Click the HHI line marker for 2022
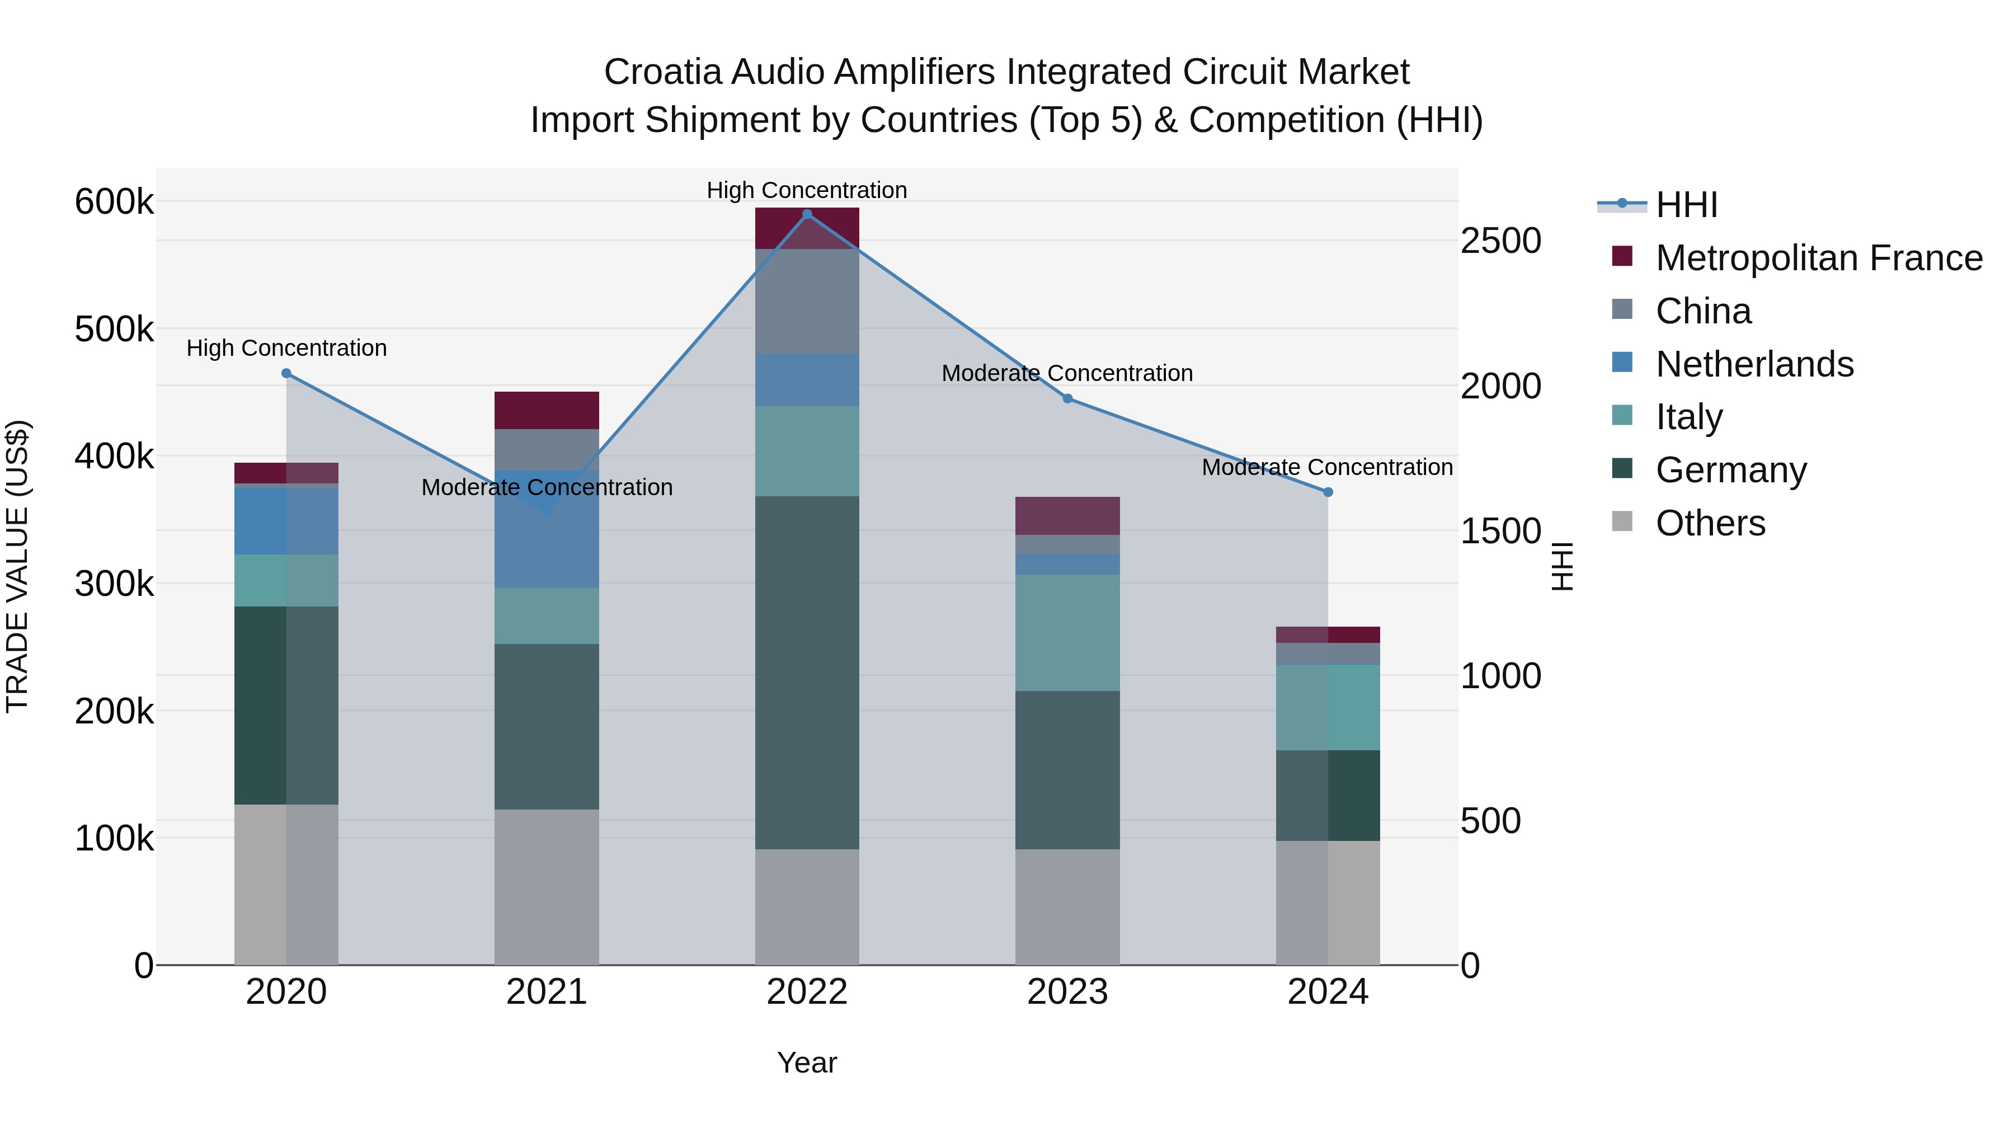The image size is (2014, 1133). pyautogui.click(x=807, y=214)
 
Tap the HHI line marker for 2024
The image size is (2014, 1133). pyautogui.click(x=1328, y=492)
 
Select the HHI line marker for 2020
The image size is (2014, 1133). pyautogui.click(x=286, y=373)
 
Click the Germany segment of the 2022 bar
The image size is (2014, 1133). pyautogui.click(x=807, y=673)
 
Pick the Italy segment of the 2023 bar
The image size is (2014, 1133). pyautogui.click(x=1067, y=633)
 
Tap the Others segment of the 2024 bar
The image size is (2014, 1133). pyautogui.click(x=1328, y=902)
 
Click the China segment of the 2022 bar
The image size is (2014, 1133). pyautogui.click(x=807, y=301)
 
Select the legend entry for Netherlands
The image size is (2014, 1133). pyautogui.click(x=1754, y=364)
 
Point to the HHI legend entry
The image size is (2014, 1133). pyautogui.click(x=1686, y=205)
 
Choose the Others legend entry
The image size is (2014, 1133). pyautogui.click(x=1710, y=523)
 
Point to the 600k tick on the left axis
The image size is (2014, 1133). pyautogui.click(x=114, y=202)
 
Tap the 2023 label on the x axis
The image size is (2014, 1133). pyautogui.click(x=1067, y=992)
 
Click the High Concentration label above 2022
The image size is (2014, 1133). pyautogui.click(x=807, y=190)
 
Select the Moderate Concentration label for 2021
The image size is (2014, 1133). pyautogui.click(x=547, y=487)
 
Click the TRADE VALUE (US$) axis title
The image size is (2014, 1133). pyautogui.click(x=18, y=566)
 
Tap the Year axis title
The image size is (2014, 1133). pyautogui.click(x=807, y=1063)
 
